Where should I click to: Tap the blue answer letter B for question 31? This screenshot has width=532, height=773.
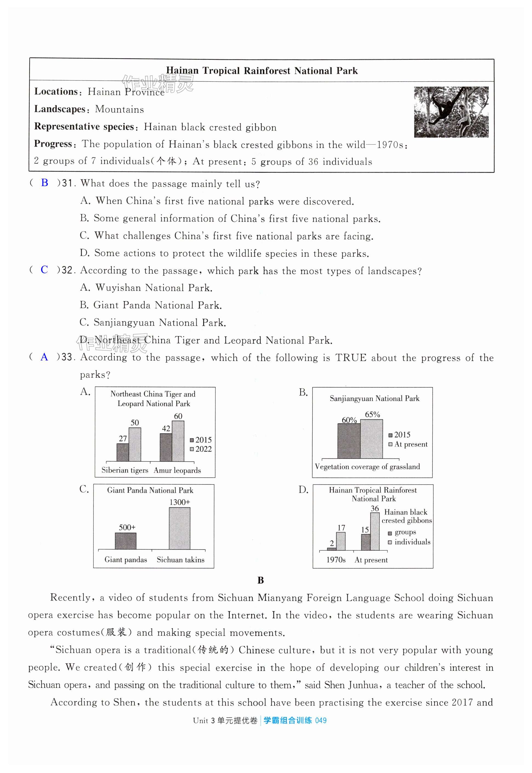point(44,183)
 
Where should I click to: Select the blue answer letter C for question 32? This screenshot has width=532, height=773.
point(44,269)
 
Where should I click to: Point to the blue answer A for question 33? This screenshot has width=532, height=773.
point(44,357)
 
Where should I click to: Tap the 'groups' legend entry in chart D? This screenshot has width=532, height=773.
point(402,532)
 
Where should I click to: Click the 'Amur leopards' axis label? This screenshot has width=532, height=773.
point(177,470)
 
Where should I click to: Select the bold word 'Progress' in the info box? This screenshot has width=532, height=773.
point(53,144)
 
